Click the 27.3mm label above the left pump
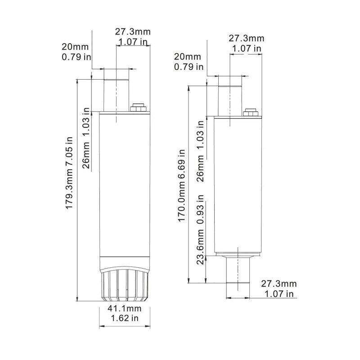coord(133,32)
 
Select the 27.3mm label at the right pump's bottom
coord(279,283)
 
